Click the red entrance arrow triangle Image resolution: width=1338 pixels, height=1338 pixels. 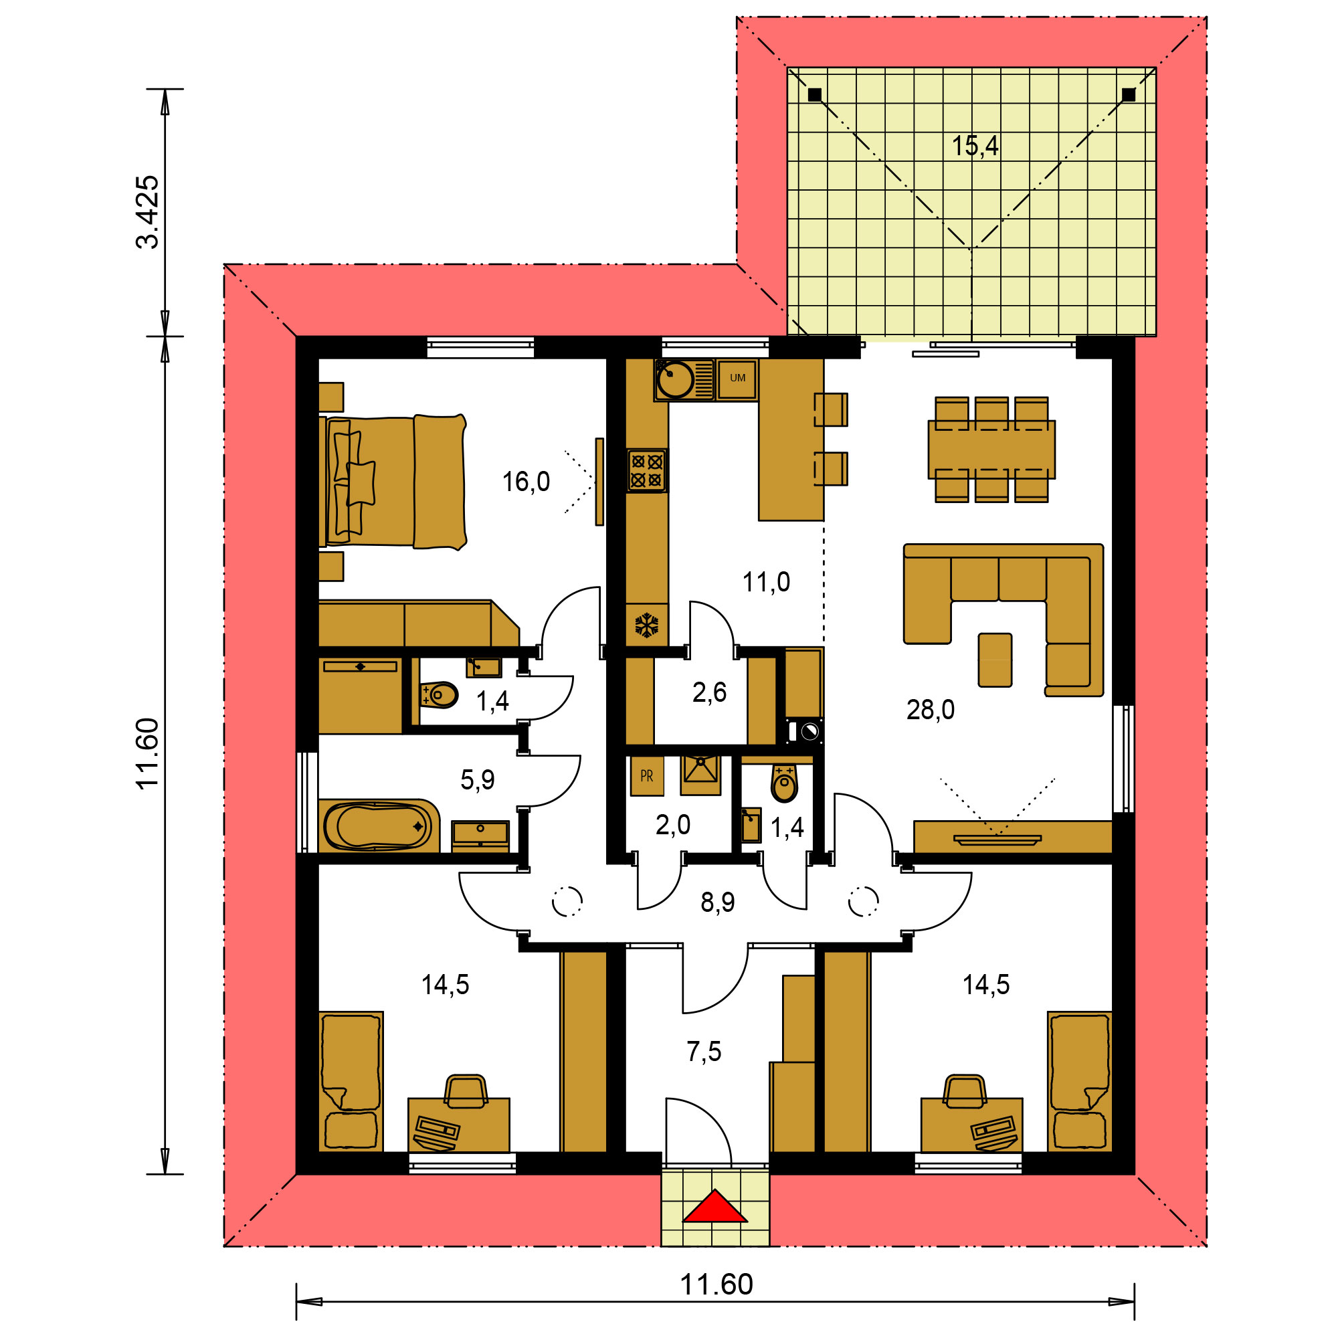click(x=714, y=1208)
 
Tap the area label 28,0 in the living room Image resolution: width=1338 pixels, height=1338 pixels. click(x=930, y=710)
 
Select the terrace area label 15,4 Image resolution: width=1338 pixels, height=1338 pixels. click(x=975, y=146)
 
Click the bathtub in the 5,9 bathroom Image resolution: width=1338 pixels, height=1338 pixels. click(x=378, y=826)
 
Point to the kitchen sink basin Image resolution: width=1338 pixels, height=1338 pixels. click(x=674, y=379)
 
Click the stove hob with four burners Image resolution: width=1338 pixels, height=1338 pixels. click(x=647, y=470)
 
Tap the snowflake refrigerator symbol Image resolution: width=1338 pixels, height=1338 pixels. click(x=646, y=626)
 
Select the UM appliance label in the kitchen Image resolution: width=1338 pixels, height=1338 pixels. click(x=737, y=378)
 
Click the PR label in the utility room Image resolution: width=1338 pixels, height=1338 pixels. click(x=647, y=776)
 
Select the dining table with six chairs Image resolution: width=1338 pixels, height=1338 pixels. click(x=991, y=450)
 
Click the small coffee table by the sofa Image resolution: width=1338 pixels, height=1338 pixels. click(x=995, y=660)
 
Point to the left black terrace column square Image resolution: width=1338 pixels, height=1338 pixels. click(x=814, y=95)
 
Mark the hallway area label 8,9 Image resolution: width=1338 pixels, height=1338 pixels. click(x=717, y=902)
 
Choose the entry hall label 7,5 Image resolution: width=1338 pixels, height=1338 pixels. click(x=704, y=1051)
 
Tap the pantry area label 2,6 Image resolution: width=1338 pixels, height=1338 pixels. click(x=709, y=692)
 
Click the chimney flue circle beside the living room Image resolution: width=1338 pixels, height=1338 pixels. click(x=809, y=731)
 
